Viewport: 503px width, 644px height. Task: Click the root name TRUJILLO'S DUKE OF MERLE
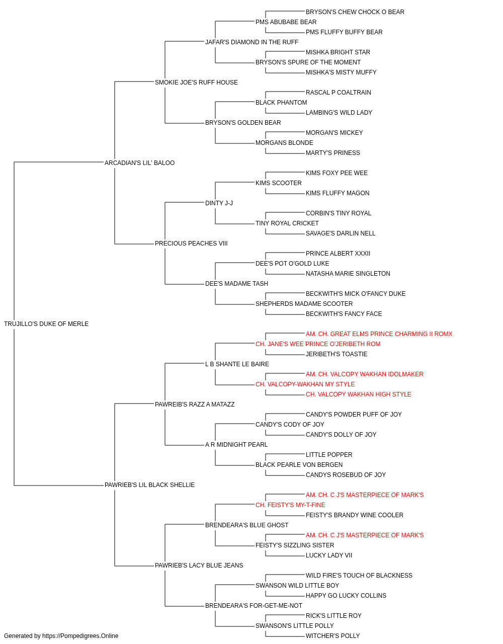click(x=46, y=324)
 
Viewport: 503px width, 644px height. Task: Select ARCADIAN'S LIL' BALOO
click(x=139, y=163)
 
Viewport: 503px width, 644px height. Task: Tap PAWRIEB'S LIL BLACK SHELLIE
click(x=149, y=485)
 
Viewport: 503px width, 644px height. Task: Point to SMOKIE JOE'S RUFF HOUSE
click(x=196, y=83)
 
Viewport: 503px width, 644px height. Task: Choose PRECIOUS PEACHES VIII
click(x=191, y=244)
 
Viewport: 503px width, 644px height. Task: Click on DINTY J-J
click(x=219, y=203)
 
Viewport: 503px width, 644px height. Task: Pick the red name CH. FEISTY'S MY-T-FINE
click(x=290, y=505)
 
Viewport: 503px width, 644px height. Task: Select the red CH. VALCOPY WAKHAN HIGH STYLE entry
click(x=359, y=394)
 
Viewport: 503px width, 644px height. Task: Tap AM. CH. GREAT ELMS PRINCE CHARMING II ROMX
click(x=379, y=334)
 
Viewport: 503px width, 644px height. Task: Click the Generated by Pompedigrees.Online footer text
click(x=61, y=636)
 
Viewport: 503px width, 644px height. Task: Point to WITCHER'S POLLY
click(x=332, y=636)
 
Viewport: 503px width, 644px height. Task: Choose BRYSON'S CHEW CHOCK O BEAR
click(x=355, y=12)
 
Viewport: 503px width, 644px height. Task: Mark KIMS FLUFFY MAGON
click(x=338, y=193)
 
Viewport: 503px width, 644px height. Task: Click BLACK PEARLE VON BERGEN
click(x=299, y=465)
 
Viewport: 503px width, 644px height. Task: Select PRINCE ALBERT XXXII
click(x=338, y=254)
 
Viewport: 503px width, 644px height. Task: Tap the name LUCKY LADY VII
click(x=329, y=555)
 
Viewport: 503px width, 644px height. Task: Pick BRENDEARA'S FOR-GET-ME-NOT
click(x=254, y=605)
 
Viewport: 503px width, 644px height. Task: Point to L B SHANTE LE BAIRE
click(x=237, y=364)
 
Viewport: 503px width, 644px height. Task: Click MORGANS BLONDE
click(x=284, y=142)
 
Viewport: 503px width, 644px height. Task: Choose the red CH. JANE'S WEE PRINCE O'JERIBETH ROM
click(x=318, y=344)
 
